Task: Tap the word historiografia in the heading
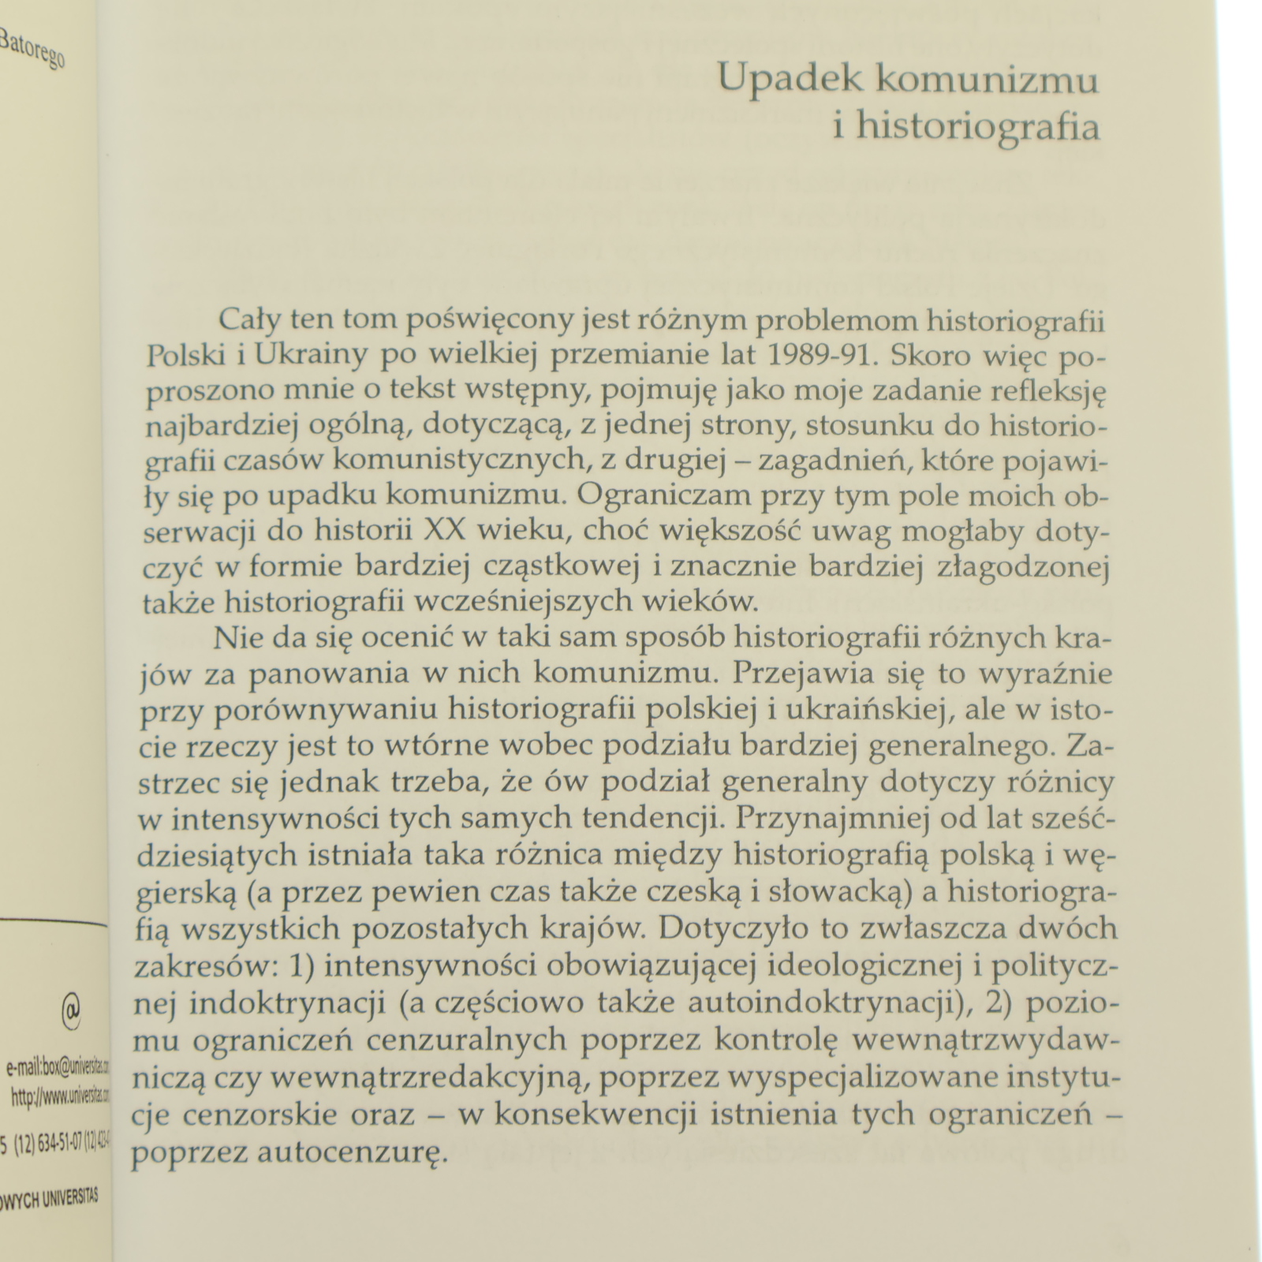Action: point(978,127)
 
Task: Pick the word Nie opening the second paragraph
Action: point(236,637)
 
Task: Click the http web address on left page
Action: point(62,1096)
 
